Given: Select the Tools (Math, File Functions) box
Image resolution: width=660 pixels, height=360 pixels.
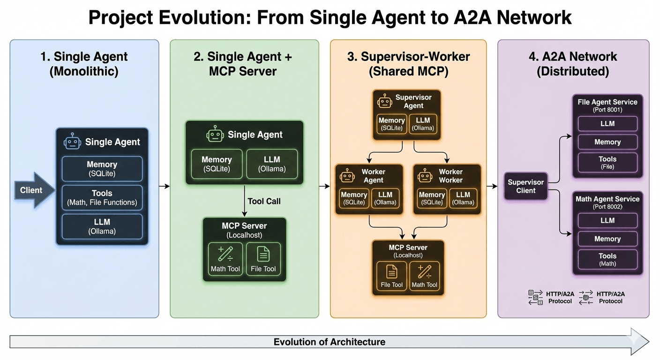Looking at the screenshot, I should (x=102, y=197).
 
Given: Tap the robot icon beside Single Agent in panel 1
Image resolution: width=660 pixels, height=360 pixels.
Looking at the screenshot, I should (x=73, y=142).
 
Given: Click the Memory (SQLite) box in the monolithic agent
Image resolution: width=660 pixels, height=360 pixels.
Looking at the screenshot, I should (x=102, y=169).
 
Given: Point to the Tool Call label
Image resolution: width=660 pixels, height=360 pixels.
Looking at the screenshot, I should (x=264, y=201).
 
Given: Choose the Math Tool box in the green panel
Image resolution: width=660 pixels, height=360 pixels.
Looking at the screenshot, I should (x=225, y=259).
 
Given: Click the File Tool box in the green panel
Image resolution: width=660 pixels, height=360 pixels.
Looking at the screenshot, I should (x=263, y=259).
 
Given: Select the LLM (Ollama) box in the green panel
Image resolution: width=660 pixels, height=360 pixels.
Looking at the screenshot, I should (x=272, y=164).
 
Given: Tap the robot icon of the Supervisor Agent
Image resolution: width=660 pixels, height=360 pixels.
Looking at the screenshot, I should (x=385, y=101).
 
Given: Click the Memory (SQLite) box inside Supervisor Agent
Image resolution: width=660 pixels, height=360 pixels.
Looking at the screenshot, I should (x=391, y=124).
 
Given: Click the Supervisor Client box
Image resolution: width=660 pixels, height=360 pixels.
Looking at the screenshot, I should (x=526, y=186).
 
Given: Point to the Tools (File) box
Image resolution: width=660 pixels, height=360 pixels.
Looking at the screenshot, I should (x=607, y=162).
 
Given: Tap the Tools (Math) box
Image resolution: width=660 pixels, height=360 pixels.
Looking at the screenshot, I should (x=607, y=259).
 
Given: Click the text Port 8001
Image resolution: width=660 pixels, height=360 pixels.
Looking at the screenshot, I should (x=607, y=110).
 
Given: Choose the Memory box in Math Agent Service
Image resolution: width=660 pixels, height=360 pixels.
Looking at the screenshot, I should (x=607, y=239).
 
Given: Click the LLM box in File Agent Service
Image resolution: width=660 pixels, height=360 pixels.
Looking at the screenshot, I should (x=607, y=124).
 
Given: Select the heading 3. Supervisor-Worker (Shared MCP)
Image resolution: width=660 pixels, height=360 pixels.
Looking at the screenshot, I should (x=408, y=64).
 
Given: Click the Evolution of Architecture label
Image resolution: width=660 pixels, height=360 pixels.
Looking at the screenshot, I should (x=329, y=342).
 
